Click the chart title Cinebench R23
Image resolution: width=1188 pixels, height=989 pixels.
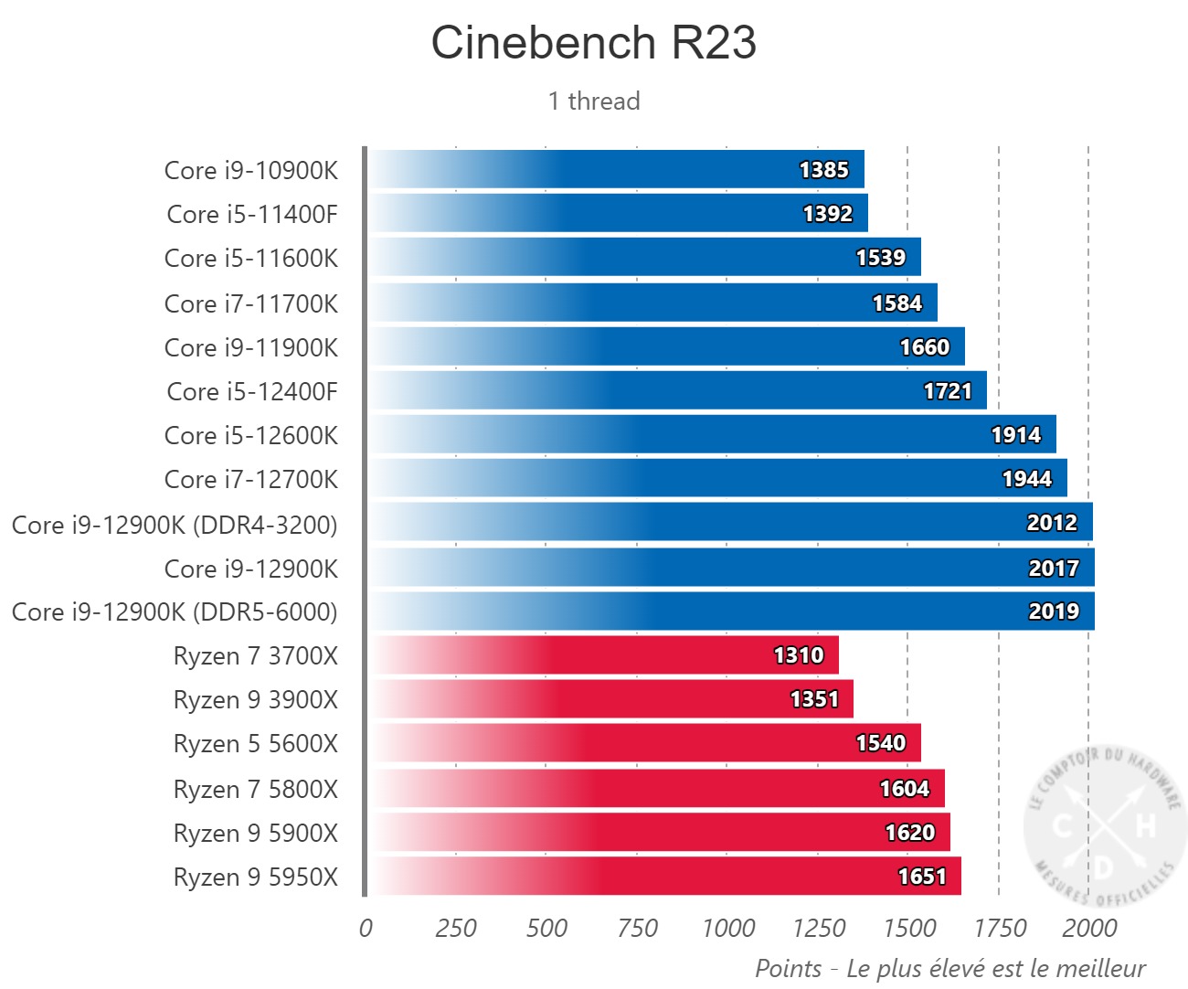click(594, 43)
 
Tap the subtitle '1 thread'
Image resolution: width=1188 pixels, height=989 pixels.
click(594, 101)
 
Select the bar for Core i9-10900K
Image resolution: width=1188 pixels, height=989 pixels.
click(615, 170)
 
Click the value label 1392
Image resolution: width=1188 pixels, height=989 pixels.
click(827, 214)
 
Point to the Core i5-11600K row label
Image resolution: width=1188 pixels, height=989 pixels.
click(250, 259)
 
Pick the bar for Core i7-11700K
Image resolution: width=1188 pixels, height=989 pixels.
click(652, 303)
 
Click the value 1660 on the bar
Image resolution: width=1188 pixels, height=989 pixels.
click(924, 347)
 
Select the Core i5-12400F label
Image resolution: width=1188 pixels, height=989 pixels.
click(251, 392)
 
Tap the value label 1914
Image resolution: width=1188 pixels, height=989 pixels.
click(1015, 435)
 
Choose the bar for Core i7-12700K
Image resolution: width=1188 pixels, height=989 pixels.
click(716, 479)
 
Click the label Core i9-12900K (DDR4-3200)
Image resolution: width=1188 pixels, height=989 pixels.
click(175, 526)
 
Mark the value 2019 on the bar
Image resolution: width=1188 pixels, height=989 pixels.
click(1054, 611)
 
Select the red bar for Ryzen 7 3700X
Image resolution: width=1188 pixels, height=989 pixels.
click(602, 655)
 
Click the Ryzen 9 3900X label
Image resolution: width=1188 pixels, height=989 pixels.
click(255, 700)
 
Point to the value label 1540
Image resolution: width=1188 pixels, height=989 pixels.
click(880, 743)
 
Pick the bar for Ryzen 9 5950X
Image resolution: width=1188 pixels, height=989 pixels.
click(663, 877)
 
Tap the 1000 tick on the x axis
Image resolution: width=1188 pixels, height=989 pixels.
click(727, 929)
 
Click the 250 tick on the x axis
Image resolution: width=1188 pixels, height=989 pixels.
click(456, 929)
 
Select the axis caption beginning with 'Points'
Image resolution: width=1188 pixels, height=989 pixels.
click(949, 969)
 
